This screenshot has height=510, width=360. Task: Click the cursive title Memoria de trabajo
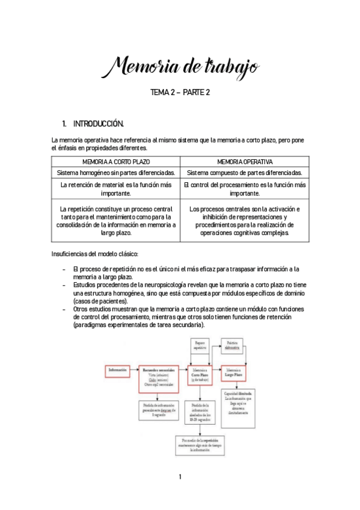coord(180,67)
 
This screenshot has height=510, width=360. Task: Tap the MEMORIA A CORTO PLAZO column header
coord(116,162)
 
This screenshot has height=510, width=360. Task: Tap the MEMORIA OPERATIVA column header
coord(245,162)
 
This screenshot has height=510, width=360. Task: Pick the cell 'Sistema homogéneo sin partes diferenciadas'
coord(116,173)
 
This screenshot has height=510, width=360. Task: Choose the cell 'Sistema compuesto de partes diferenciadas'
coord(245,173)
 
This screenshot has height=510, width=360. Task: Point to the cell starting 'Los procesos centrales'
coord(245,221)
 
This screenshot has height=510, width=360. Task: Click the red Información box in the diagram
coord(118,370)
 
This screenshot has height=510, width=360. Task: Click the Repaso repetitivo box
coord(200,346)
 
